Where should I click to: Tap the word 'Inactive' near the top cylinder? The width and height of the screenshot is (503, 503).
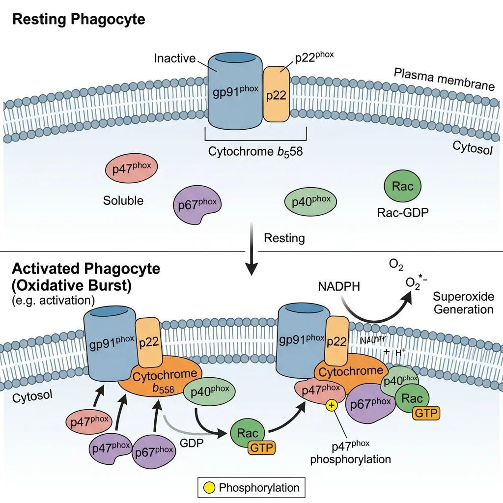pos(174,58)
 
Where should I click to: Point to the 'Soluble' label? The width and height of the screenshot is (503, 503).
pos(123,200)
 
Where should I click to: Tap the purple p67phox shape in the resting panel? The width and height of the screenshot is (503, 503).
pos(197,204)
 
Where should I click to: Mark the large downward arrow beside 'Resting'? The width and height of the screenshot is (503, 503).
pos(251,251)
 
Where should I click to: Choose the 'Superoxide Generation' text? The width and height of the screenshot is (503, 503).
pos(463,303)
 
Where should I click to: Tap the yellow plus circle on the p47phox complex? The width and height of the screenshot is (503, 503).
pos(333,405)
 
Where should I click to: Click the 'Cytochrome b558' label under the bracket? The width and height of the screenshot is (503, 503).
pos(255,151)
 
